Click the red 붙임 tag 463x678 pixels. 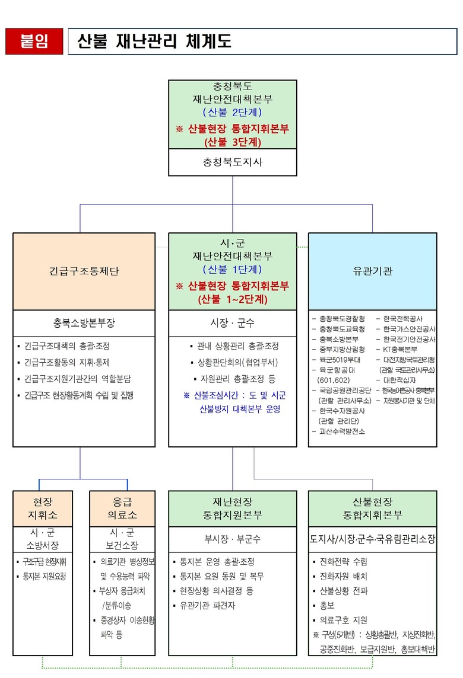point(34,41)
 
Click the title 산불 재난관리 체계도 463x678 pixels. point(154,41)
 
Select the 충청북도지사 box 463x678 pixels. point(232,162)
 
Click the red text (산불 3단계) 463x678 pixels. point(232,142)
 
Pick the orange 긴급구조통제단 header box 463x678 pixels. point(84,271)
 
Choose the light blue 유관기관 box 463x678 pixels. point(372,271)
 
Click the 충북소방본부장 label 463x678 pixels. point(84,323)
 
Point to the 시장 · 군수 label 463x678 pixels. point(232,323)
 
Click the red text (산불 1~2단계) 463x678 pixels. point(232,299)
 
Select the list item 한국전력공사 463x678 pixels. point(403,318)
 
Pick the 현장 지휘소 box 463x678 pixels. point(43,508)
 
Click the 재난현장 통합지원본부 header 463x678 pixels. point(232,508)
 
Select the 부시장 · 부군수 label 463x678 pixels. point(232,539)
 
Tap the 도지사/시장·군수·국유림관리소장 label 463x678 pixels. point(372,539)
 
